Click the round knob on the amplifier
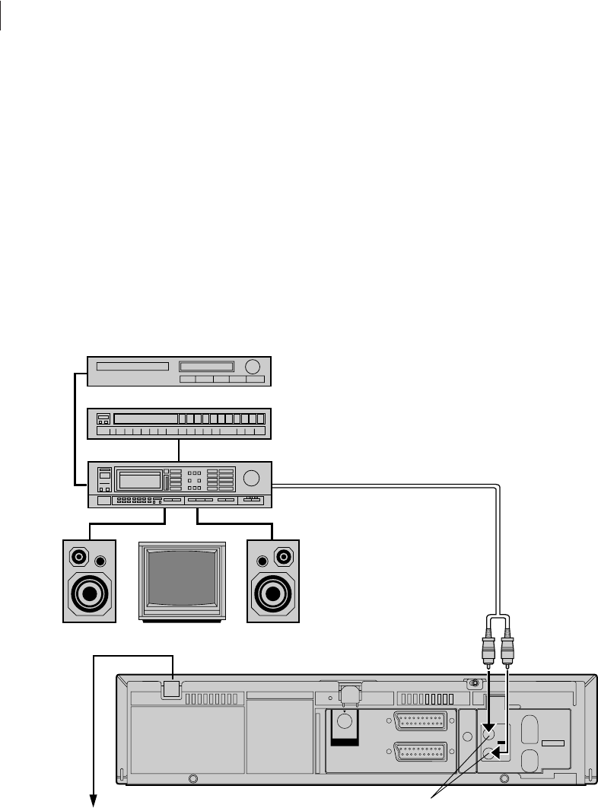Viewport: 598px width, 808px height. click(252, 479)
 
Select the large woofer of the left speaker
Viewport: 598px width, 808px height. click(89, 593)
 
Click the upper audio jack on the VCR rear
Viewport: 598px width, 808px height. click(489, 736)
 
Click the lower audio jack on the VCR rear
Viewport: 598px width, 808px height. click(489, 755)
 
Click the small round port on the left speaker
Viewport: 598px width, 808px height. click(100, 561)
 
